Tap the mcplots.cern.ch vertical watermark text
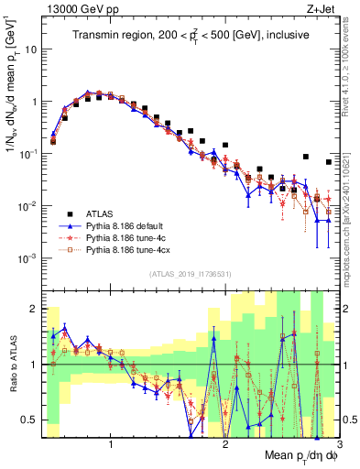349,206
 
